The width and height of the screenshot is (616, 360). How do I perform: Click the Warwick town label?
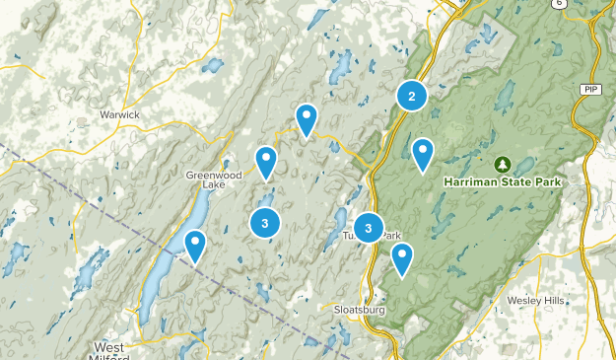[x=119, y=115]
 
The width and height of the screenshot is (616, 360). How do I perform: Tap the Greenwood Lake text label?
[x=214, y=180]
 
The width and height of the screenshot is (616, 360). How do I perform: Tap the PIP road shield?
[x=590, y=89]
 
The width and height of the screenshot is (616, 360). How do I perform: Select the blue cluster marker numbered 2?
[x=411, y=96]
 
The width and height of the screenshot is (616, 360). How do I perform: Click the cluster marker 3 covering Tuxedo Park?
[x=368, y=229]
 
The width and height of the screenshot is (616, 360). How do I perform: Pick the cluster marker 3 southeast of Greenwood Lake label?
[x=264, y=223]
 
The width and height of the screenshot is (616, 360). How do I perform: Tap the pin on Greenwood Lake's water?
[x=195, y=245]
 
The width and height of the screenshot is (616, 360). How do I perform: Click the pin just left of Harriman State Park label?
[x=423, y=153]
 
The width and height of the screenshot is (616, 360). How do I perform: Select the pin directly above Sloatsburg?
[x=401, y=258]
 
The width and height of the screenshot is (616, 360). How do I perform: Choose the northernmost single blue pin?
[x=308, y=118]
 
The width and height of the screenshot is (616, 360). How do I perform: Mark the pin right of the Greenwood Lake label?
[x=266, y=161]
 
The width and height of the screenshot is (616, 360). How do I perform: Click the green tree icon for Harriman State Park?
[x=503, y=164]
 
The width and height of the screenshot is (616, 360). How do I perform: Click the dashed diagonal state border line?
[x=79, y=193]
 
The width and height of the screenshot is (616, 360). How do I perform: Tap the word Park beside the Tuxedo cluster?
[x=391, y=236]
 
